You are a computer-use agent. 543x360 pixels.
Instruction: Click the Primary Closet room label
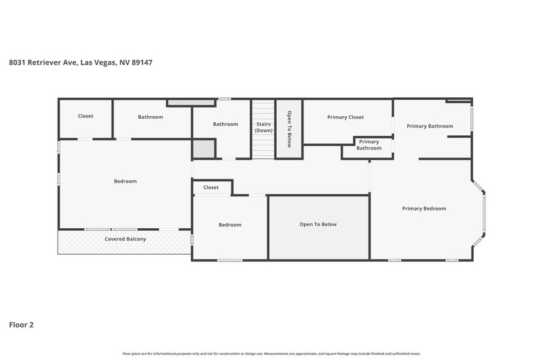[345, 117]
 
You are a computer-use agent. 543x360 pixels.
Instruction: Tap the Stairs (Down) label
[263, 127]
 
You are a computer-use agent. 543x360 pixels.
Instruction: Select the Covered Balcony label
[125, 239]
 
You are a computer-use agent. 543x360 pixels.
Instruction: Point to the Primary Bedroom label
[424, 209]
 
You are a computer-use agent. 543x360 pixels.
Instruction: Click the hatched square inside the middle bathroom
[204, 149]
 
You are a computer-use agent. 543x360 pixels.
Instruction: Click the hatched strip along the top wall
[191, 103]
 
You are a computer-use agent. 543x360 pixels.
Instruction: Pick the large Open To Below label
[318, 225]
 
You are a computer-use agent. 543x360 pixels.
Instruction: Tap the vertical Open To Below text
[289, 129]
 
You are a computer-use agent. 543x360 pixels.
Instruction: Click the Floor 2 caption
[21, 325]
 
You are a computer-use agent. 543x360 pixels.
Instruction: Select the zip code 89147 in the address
[142, 62]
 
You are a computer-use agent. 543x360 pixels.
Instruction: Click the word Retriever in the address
[44, 62]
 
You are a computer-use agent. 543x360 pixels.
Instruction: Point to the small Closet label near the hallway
[211, 187]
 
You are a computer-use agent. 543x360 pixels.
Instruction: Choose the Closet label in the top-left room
[86, 116]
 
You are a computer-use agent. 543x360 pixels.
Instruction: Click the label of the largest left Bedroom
[125, 181]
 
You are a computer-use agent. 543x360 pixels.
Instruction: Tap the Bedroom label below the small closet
[230, 225]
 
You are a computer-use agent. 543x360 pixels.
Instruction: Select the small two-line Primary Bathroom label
[369, 145]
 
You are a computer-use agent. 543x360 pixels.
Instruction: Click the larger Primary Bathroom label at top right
[430, 126]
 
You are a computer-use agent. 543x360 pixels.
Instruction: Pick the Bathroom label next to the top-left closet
[150, 117]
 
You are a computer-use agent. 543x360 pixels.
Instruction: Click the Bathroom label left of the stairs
[225, 124]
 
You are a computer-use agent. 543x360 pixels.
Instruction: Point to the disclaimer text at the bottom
[271, 354]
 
